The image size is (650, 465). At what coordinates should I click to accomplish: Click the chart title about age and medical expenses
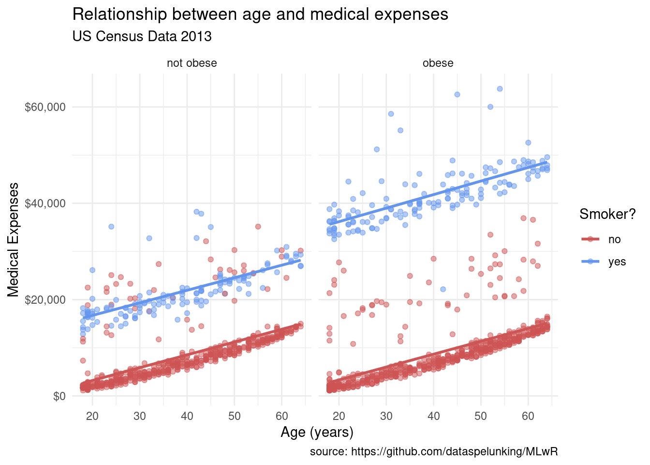[260, 15]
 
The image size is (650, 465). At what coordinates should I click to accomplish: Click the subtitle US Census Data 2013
[142, 36]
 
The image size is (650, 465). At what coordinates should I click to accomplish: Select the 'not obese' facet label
[192, 63]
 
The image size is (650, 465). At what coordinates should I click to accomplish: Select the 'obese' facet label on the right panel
[438, 63]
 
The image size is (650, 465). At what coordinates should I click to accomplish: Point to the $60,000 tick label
[45, 107]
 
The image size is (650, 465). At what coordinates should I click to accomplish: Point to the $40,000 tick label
[45, 203]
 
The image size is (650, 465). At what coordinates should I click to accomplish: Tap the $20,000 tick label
[45, 299]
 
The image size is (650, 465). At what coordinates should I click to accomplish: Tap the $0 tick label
[59, 396]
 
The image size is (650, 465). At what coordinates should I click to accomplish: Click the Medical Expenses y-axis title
[14, 239]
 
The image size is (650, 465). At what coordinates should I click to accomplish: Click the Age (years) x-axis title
[317, 432]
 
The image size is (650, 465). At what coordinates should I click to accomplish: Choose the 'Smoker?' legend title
[607, 215]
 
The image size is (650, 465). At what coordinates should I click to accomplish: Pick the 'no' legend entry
[614, 239]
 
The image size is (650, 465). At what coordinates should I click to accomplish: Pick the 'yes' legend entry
[617, 262]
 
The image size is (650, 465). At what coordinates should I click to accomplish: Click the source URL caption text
[434, 452]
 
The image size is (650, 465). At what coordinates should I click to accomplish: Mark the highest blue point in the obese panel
[500, 89]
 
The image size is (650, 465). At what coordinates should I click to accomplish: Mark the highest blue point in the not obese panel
[196, 212]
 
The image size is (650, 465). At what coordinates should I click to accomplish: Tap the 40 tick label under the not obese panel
[187, 416]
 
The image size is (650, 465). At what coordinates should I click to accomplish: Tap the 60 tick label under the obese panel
[528, 416]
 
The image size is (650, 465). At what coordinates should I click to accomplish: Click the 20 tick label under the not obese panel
[92, 416]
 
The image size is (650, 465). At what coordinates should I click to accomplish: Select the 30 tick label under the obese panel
[386, 416]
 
